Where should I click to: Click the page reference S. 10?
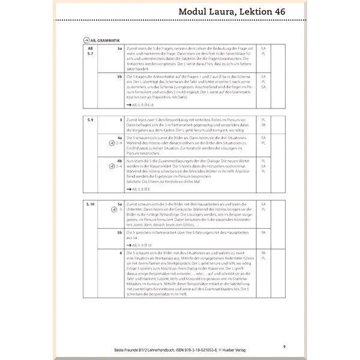click(89, 205)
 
